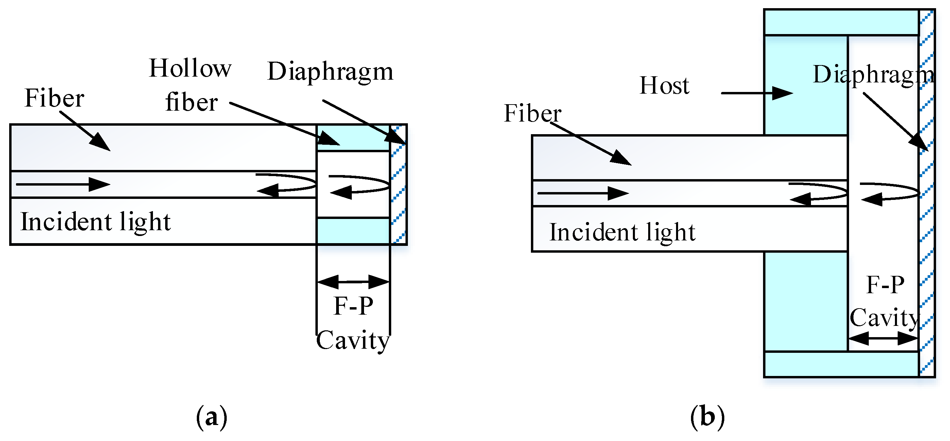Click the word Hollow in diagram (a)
pos(190,69)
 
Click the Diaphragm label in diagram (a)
pos(330,71)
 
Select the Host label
pos(664,86)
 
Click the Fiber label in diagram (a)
pos(55,98)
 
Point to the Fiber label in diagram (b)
pos(532,113)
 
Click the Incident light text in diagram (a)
pos(96,222)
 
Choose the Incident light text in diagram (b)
pos(622,232)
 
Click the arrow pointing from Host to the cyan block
pos(756,93)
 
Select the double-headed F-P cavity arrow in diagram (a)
pos(353,282)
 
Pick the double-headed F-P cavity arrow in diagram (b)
pos(883,338)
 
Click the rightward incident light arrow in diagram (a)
pos(63,184)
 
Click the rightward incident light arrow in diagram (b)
pos(583,193)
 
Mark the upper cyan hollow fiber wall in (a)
pos(353,137)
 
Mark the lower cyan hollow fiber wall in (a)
pos(353,231)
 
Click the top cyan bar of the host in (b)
pos(841,22)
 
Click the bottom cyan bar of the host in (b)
pos(841,364)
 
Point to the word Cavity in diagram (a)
pos(353,340)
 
